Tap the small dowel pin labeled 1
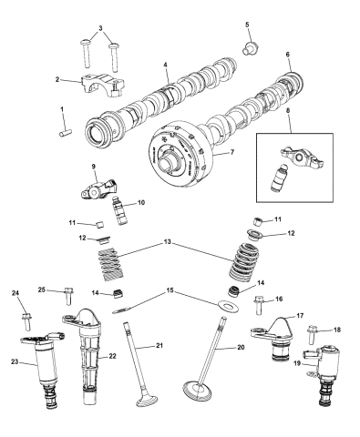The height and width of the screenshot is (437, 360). [67, 134]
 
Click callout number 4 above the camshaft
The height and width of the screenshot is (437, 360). [165, 66]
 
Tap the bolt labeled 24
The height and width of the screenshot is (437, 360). [26, 322]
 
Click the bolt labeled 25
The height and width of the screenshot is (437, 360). [70, 295]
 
